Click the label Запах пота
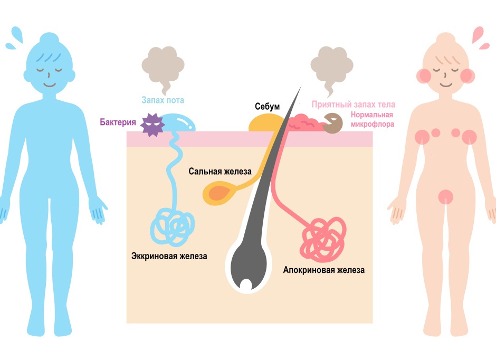click(x=162, y=100)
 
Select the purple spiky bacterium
click(x=152, y=125)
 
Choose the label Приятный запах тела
click(x=353, y=105)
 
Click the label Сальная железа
click(x=221, y=172)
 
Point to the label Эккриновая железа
click(x=169, y=256)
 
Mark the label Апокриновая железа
click(x=323, y=270)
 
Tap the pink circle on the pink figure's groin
click(x=445, y=196)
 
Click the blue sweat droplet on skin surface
click(x=177, y=124)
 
